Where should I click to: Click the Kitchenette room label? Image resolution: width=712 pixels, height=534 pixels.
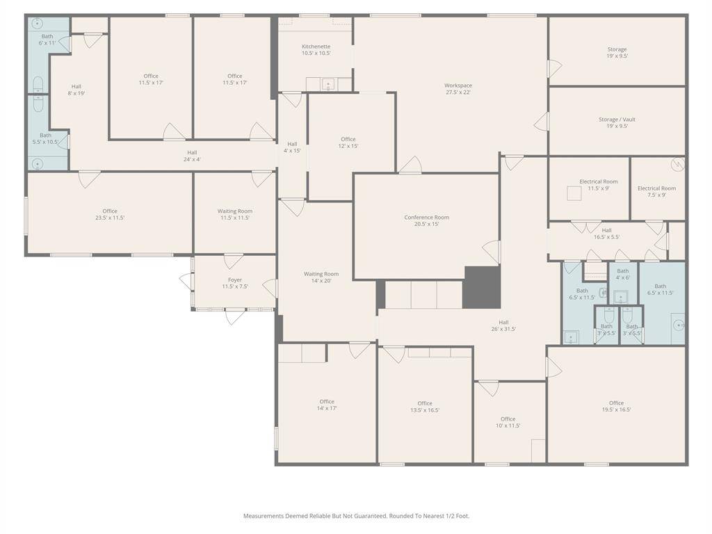click(x=316, y=49)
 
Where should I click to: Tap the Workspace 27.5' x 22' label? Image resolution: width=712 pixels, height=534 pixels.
click(x=458, y=88)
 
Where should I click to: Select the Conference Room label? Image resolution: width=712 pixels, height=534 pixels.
click(x=426, y=220)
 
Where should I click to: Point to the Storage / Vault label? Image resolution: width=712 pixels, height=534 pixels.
click(x=617, y=122)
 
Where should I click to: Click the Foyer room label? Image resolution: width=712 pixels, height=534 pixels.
click(x=235, y=283)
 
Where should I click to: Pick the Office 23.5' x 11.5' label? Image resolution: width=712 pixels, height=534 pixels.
click(x=109, y=214)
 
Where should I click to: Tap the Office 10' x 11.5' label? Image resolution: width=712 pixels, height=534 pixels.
click(x=508, y=422)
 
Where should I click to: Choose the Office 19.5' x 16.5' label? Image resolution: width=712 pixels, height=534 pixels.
click(x=616, y=406)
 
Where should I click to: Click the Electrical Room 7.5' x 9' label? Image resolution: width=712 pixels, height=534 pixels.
click(x=656, y=191)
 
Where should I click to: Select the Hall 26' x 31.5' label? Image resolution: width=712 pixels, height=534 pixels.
click(x=503, y=325)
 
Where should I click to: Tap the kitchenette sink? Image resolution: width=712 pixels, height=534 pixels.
click(x=328, y=84)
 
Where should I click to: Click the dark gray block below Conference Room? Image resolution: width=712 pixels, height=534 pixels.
click(x=482, y=287)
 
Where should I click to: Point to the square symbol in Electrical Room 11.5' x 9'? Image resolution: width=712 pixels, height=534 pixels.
click(x=574, y=193)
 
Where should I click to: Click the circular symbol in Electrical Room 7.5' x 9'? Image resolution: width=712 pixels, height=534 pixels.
click(x=677, y=164)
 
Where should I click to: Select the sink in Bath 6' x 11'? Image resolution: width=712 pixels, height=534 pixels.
click(x=37, y=23)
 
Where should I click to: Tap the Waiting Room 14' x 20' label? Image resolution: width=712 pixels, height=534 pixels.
click(x=321, y=277)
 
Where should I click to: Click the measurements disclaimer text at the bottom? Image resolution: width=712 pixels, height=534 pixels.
click(x=357, y=516)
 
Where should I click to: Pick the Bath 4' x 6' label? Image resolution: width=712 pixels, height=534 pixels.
click(x=622, y=274)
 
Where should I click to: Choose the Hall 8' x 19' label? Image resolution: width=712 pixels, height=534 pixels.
click(x=76, y=90)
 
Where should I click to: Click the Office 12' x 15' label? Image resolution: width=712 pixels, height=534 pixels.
click(x=348, y=143)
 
